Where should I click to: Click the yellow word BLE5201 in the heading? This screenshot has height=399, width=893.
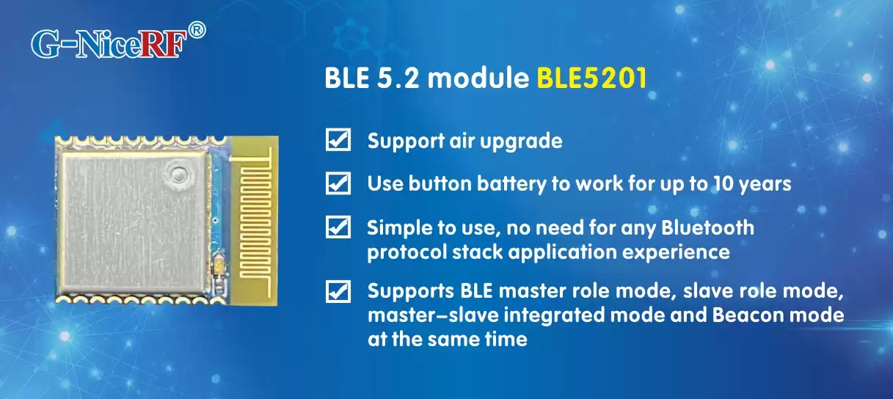point(591,78)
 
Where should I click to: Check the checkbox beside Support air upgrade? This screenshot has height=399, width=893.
point(337,139)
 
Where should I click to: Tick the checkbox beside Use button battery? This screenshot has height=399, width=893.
point(337,183)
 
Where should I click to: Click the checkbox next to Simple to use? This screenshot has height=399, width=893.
point(337,227)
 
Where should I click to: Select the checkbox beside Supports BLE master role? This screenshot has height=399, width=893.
point(337,292)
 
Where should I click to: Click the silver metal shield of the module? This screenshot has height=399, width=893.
point(132,220)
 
